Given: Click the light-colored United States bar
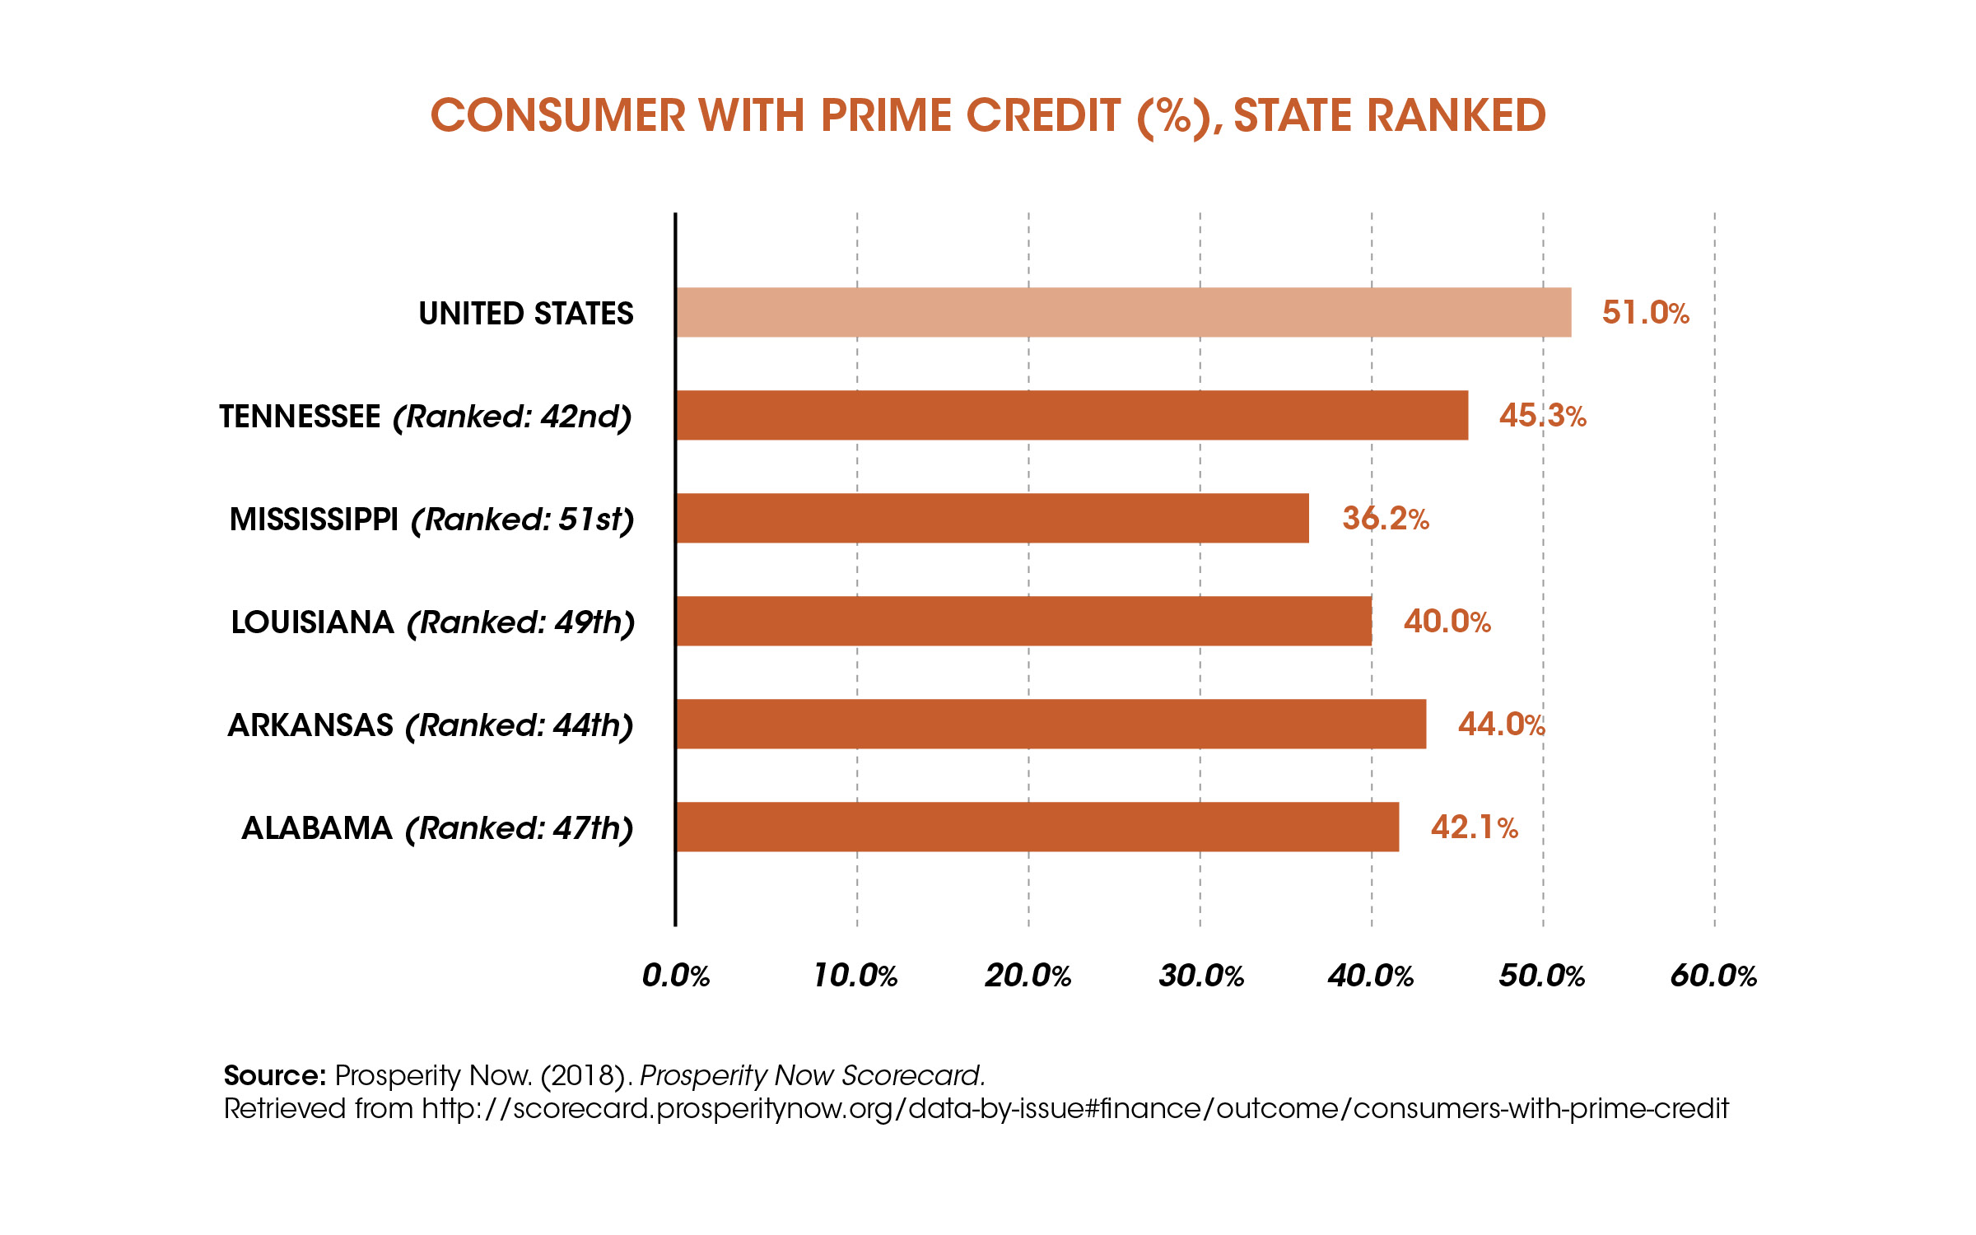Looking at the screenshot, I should click(x=1123, y=312).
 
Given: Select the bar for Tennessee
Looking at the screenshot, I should click(x=1071, y=415).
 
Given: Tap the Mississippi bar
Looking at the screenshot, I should click(x=992, y=518).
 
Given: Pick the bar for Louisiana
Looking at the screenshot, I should click(x=1023, y=621).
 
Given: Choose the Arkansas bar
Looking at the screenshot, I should click(x=1051, y=724).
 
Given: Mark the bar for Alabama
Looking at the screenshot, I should click(x=1037, y=827).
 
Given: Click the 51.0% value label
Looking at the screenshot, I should click(x=1645, y=313).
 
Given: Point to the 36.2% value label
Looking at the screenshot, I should click(x=1385, y=519).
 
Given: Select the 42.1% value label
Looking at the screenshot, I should click(x=1474, y=827).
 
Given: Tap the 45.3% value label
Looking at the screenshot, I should click(x=1542, y=416).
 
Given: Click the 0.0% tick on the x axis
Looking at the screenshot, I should click(x=675, y=976).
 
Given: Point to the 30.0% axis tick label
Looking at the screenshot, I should click(x=1200, y=976).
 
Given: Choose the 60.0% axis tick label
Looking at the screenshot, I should click(x=1713, y=976).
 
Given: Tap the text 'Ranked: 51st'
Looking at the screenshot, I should click(x=523, y=520).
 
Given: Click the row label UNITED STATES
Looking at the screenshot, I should click(x=525, y=314).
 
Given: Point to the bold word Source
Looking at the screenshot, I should click(x=275, y=1075).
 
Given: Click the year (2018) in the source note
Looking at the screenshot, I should click(x=586, y=1075).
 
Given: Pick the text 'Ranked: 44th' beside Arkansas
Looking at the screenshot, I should click(x=519, y=725).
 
